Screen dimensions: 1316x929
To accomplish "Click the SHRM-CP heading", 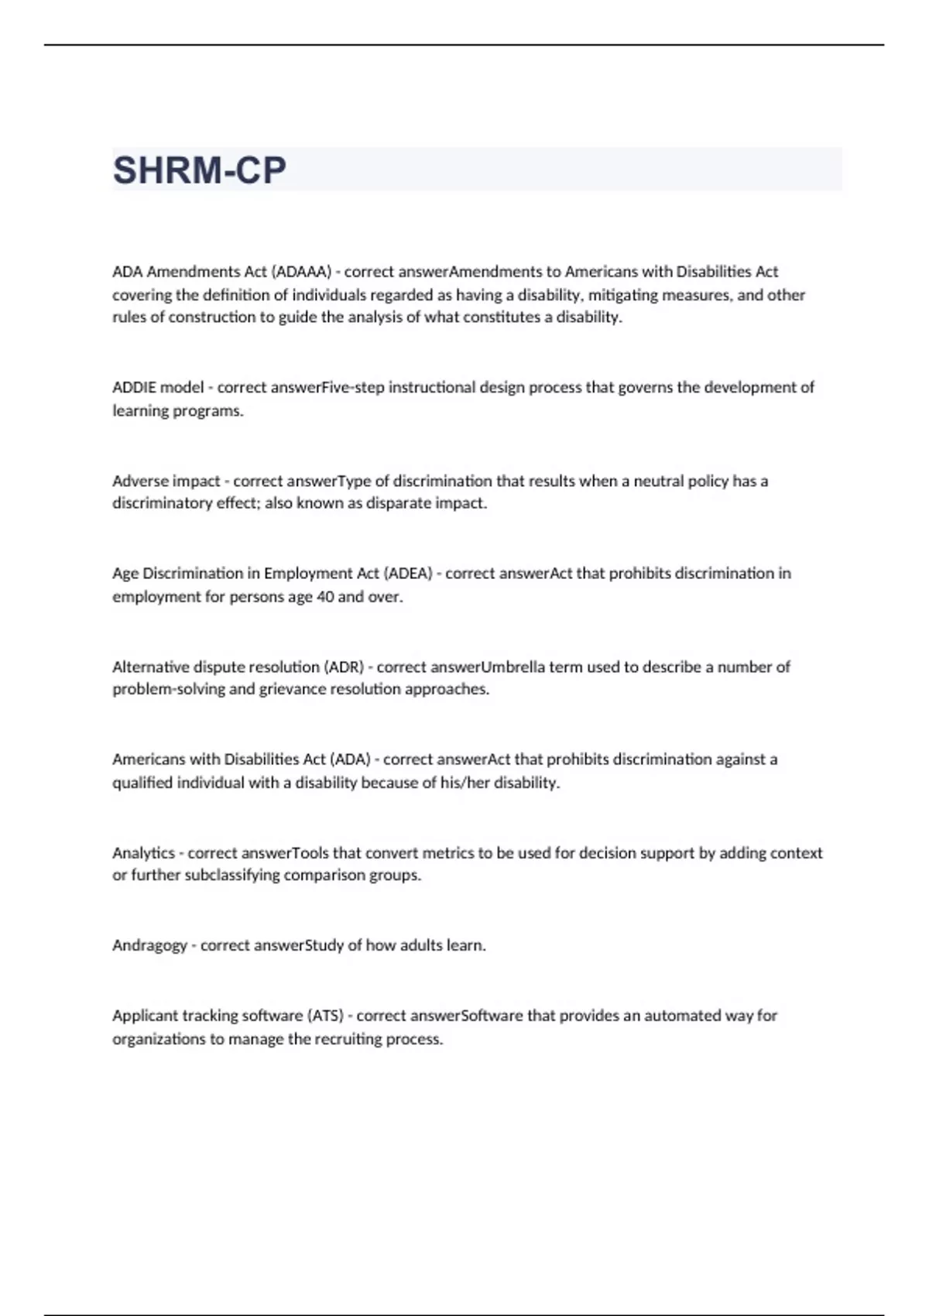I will tap(200, 170).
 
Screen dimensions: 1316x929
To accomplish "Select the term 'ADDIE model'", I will tap(158, 387).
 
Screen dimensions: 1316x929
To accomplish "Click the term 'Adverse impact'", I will tap(166, 481).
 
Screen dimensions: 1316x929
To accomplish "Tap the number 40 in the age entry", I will tap(325, 597).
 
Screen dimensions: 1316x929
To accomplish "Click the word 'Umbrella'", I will tap(512, 667).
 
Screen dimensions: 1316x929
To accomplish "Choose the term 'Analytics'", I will tap(143, 853).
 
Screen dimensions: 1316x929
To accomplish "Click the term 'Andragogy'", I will tap(149, 945).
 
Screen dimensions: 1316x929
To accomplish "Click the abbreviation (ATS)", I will tap(325, 1016).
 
